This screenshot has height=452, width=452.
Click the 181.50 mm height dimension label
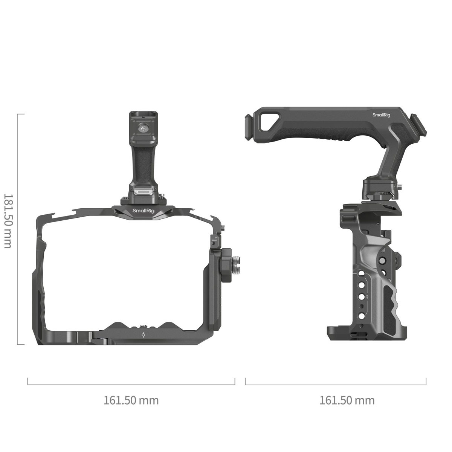click(7, 221)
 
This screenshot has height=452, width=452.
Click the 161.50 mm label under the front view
click(131, 400)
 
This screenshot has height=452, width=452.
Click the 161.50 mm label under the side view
click(347, 400)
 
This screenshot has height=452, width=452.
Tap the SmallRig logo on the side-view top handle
click(382, 115)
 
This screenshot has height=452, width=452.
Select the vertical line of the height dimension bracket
click(18, 229)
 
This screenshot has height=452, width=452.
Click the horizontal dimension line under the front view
click(131, 385)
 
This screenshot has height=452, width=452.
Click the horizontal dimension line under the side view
click(336, 385)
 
